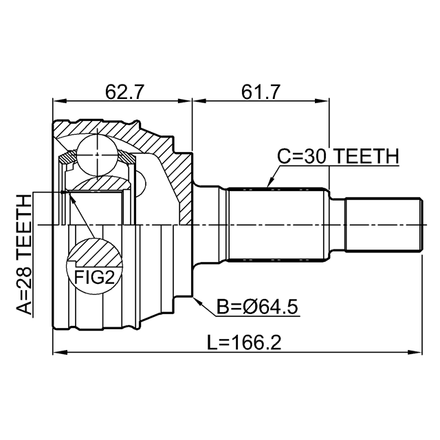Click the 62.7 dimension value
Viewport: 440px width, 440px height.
coord(124,92)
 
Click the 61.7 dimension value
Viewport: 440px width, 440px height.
coord(261,92)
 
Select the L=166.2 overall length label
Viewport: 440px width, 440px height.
coord(244,342)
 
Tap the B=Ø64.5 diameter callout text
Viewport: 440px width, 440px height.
coord(257,307)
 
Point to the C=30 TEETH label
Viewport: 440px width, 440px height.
coord(338,156)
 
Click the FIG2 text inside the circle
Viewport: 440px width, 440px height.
coord(94,278)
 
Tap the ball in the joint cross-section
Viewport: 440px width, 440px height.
coord(97,155)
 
